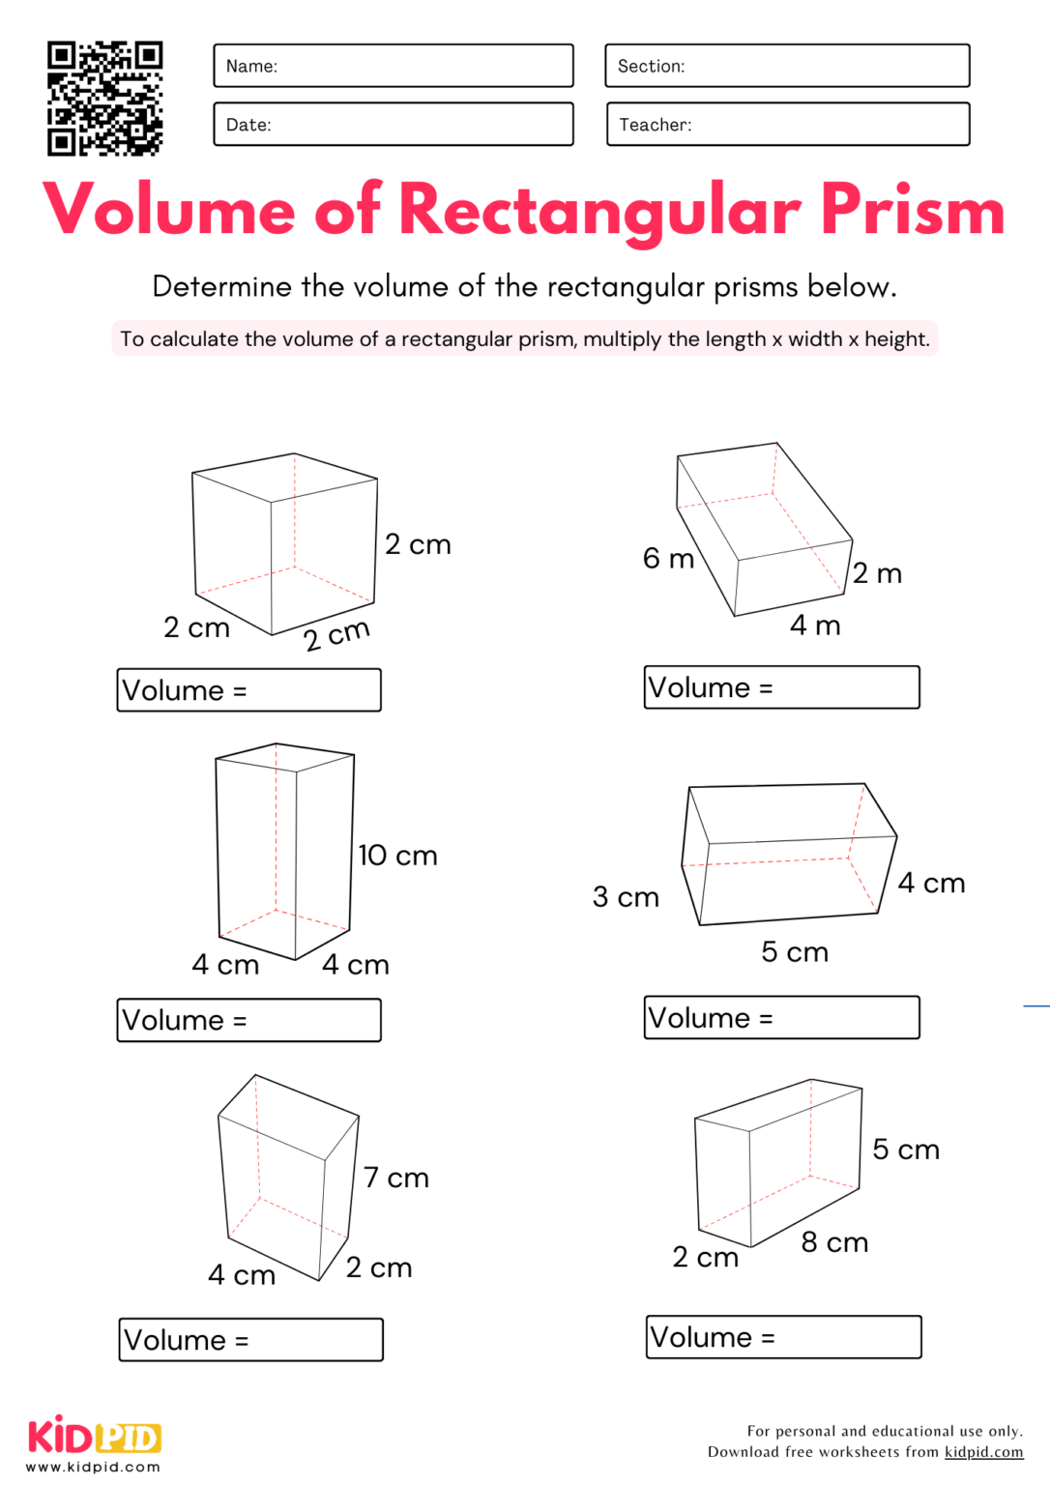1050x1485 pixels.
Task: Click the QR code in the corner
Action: (x=104, y=98)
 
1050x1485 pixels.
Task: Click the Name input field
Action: (x=393, y=66)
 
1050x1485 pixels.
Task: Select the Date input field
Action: (x=393, y=125)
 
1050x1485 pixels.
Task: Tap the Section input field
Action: (x=787, y=66)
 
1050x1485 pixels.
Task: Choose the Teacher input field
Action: (x=787, y=125)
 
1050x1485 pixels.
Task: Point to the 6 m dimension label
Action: (x=668, y=559)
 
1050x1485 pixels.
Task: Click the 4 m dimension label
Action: (x=815, y=626)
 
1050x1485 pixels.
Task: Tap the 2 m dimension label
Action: (x=877, y=573)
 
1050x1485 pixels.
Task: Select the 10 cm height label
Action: (x=397, y=856)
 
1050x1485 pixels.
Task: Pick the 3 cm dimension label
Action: (x=626, y=897)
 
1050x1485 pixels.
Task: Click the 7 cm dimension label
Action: (x=396, y=1178)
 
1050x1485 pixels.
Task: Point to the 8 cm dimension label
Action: (x=834, y=1242)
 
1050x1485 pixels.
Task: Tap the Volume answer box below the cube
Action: (x=248, y=690)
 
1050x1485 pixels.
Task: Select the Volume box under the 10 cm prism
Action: (x=248, y=1020)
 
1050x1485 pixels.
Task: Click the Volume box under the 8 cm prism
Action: (x=783, y=1337)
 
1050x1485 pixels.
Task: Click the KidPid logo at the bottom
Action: (x=94, y=1438)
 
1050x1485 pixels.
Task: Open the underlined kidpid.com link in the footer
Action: (x=983, y=1452)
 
